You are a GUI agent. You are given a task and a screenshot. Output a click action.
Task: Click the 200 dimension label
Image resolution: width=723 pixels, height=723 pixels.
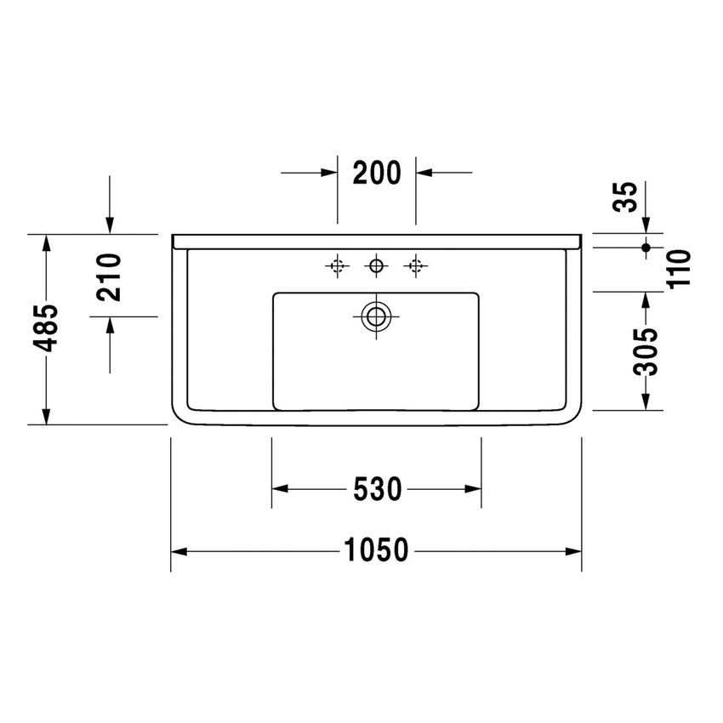(x=377, y=173)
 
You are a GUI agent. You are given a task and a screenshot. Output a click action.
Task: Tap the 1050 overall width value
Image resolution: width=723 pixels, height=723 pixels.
(x=376, y=550)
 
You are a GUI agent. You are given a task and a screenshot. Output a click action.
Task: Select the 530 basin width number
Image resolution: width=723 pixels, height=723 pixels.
(x=378, y=489)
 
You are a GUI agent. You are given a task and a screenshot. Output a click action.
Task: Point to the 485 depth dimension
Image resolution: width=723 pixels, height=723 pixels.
(x=46, y=327)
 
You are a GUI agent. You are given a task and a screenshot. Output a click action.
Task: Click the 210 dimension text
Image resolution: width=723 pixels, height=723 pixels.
(x=110, y=277)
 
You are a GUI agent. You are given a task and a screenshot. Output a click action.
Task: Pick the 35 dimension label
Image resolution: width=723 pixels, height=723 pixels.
(x=625, y=197)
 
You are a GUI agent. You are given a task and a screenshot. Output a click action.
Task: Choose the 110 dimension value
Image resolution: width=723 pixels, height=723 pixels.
(x=680, y=270)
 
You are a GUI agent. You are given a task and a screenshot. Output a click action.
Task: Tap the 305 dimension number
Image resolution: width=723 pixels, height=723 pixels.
(x=646, y=351)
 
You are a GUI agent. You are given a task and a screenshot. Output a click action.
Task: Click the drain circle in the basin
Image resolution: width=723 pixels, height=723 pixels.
(x=376, y=316)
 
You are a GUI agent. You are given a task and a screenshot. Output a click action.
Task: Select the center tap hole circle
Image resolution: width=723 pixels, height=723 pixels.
(x=376, y=266)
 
